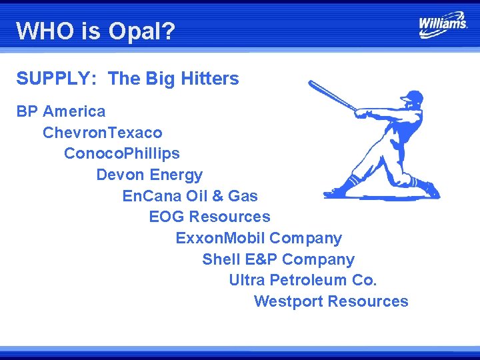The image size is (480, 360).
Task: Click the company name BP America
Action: click(x=61, y=111)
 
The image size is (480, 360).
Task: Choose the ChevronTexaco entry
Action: click(x=102, y=133)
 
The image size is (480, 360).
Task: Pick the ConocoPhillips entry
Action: click(x=121, y=153)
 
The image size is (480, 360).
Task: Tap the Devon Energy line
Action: click(x=149, y=175)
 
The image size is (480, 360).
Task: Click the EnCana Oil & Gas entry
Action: click(x=190, y=196)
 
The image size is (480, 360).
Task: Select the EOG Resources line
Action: click(x=209, y=217)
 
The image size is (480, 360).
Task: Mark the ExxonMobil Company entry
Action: click(x=259, y=238)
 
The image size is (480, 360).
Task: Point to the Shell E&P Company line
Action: click(x=278, y=259)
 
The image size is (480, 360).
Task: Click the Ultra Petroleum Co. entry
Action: click(x=303, y=280)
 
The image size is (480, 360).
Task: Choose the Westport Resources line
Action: click(x=331, y=301)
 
